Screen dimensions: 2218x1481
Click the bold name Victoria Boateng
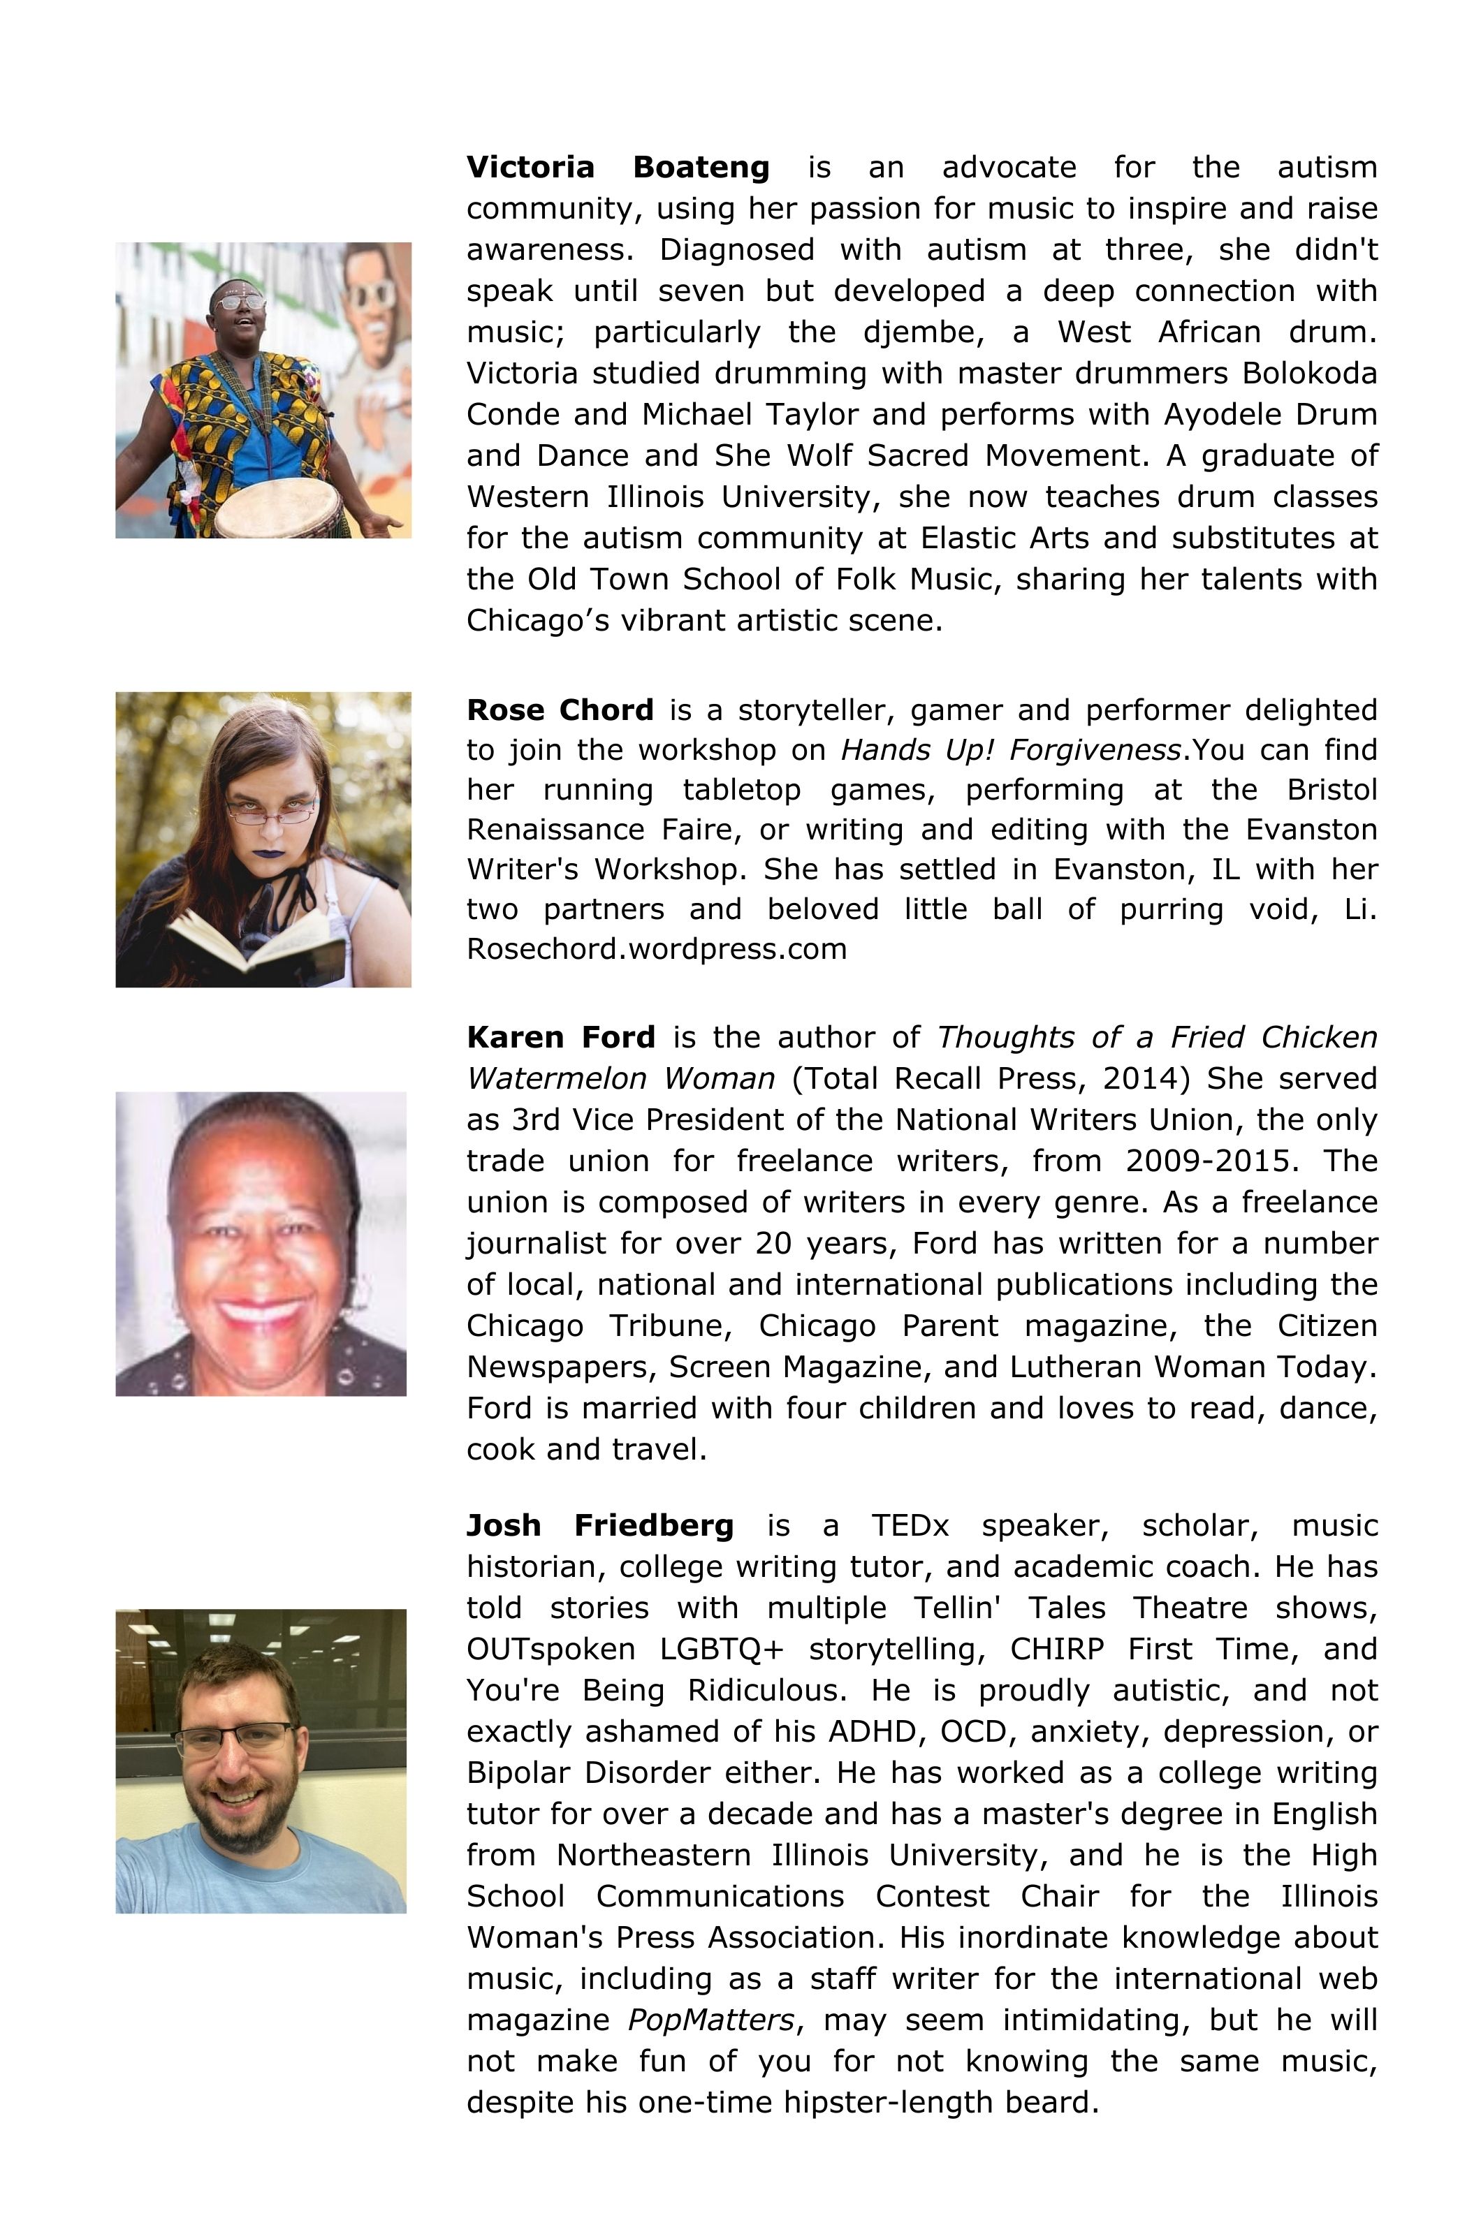[x=618, y=167]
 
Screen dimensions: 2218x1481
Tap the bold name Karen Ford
[x=560, y=1037]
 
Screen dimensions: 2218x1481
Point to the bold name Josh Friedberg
[x=600, y=1525]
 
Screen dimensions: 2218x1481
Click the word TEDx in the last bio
[x=910, y=1525]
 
